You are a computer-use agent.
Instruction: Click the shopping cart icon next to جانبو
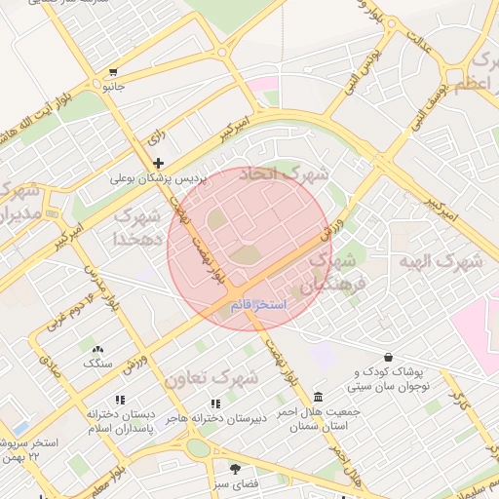(x=114, y=71)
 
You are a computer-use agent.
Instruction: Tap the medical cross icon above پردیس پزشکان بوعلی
(x=158, y=163)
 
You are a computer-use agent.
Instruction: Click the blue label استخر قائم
(x=258, y=306)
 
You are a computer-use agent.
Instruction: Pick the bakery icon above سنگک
(x=96, y=349)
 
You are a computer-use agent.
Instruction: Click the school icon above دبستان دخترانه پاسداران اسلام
(x=120, y=400)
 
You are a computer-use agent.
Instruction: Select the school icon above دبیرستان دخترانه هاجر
(x=215, y=403)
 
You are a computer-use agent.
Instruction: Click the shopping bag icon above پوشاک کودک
(x=389, y=357)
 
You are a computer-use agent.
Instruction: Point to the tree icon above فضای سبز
(x=234, y=469)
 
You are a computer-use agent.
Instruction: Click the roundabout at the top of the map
(x=224, y=52)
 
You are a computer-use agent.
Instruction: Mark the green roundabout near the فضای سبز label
(x=198, y=448)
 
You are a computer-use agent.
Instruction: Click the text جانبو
(x=114, y=86)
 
